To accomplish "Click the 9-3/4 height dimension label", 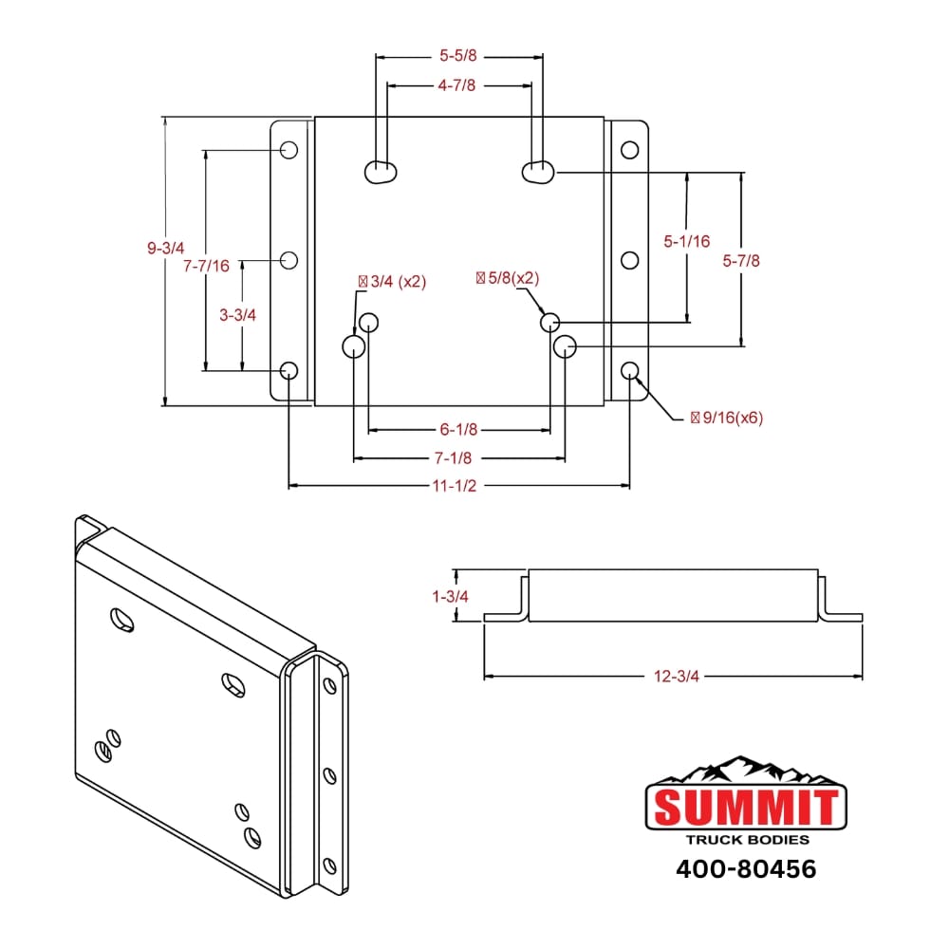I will point(165,248).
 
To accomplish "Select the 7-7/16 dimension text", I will point(206,267).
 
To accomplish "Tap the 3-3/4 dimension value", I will point(238,315).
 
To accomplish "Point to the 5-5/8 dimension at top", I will point(459,56).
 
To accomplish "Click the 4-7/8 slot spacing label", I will point(456,85).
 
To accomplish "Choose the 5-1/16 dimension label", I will point(686,241).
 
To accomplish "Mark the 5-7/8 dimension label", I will point(741,259).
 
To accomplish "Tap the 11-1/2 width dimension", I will point(459,486).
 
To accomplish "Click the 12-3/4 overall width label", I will point(677,676).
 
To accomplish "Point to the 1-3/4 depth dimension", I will point(450,596).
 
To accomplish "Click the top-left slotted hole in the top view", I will point(381,171).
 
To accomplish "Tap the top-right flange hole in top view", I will point(629,150).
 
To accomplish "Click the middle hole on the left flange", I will point(290,259).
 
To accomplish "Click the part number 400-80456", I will point(746,868).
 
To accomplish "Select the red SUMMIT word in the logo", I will point(746,808).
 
